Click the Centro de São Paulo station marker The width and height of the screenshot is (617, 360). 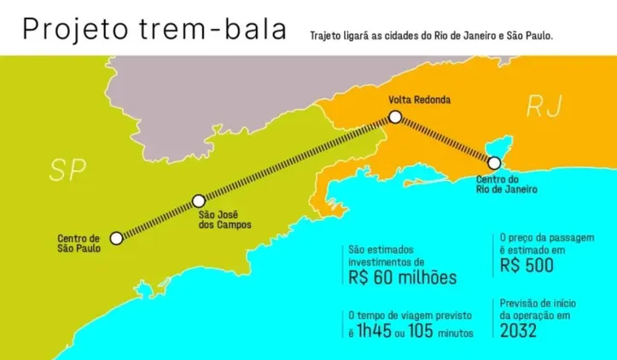tap(117, 238)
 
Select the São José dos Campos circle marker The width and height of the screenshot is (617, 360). tap(198, 200)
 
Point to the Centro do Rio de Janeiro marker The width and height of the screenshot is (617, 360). tap(494, 162)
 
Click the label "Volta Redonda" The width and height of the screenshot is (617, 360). tap(419, 100)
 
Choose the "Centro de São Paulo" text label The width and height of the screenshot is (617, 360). tap(79, 243)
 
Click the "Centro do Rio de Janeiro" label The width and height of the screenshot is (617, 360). tap(507, 184)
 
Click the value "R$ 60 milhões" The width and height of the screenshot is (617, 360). tap(403, 278)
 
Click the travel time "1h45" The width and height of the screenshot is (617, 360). tap(381, 332)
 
